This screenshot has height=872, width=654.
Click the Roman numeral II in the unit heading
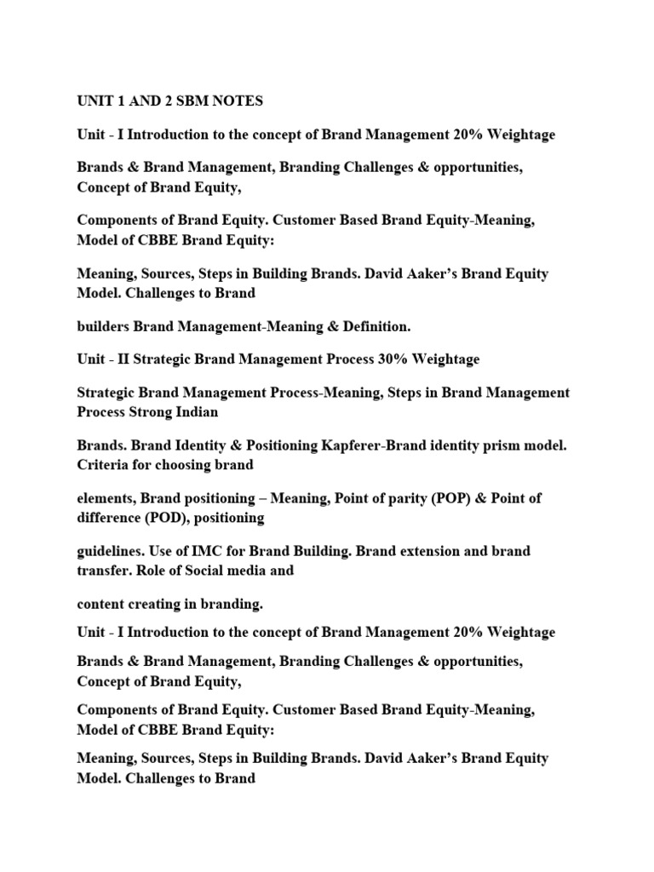pyautogui.click(x=129, y=359)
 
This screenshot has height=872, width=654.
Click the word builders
pyautogui.click(x=104, y=326)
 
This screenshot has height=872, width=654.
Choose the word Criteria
pyautogui.click(x=105, y=465)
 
